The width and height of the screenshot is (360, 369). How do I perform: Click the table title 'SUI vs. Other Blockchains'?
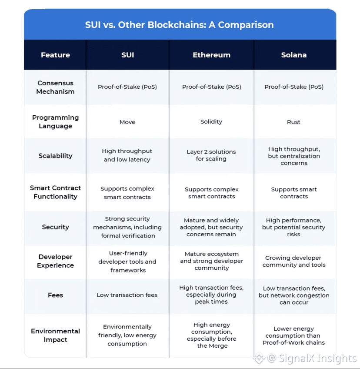pyautogui.click(x=180, y=24)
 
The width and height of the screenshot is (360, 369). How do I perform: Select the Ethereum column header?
pyautogui.click(x=211, y=55)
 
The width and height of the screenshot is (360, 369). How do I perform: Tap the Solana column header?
pyautogui.click(x=293, y=55)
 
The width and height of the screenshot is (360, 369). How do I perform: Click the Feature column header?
pyautogui.click(x=55, y=55)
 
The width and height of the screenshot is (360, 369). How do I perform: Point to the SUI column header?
pyautogui.click(x=127, y=55)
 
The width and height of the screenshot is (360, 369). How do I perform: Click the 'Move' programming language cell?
pyautogui.click(x=127, y=122)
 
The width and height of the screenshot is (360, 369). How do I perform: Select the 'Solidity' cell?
pyautogui.click(x=211, y=122)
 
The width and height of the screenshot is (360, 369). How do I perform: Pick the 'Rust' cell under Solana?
pyautogui.click(x=293, y=122)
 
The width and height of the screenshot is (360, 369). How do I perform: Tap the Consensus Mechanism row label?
pyautogui.click(x=55, y=87)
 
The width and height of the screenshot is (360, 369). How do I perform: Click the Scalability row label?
pyautogui.click(x=55, y=156)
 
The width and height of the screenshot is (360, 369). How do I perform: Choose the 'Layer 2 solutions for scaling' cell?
pyautogui.click(x=211, y=155)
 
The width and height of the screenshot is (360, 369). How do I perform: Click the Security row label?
pyautogui.click(x=55, y=227)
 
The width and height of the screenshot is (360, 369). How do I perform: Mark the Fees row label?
pyautogui.click(x=55, y=295)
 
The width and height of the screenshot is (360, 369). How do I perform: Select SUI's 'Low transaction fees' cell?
pyautogui.click(x=127, y=295)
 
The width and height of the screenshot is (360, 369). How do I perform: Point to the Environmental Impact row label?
pyautogui.click(x=55, y=335)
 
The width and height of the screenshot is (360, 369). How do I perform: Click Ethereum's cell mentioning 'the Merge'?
pyautogui.click(x=211, y=335)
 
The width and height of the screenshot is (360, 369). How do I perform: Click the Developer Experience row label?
pyautogui.click(x=55, y=261)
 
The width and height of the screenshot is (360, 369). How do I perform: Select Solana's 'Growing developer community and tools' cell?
pyautogui.click(x=294, y=261)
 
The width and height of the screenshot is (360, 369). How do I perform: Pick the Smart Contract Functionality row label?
pyautogui.click(x=55, y=192)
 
